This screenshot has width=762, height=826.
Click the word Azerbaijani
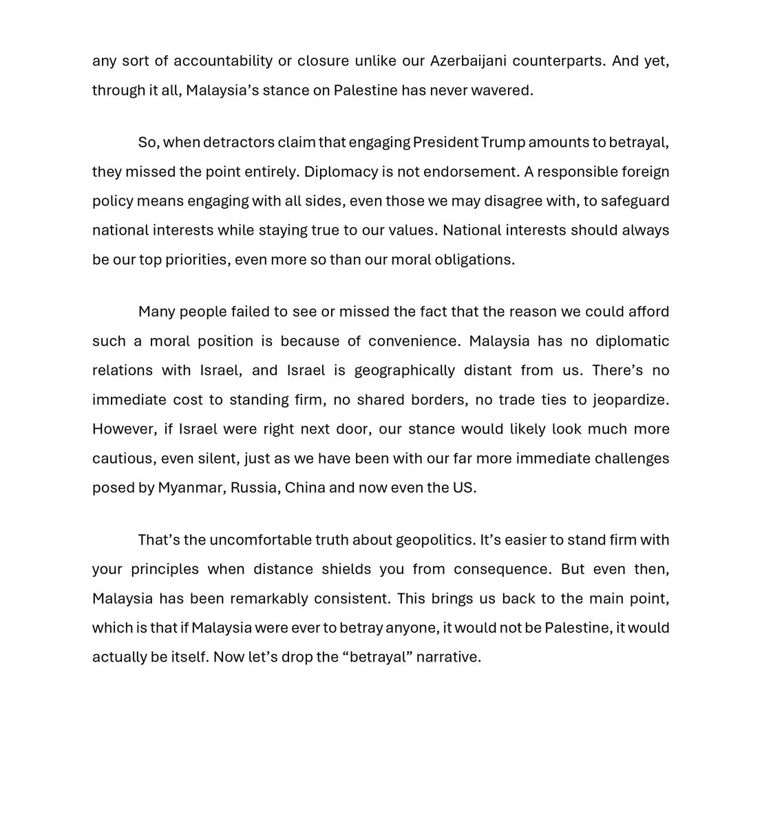[x=469, y=61]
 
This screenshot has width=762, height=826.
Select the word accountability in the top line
[x=223, y=61]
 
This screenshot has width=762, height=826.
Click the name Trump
[x=505, y=142]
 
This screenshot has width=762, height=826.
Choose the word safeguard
[x=634, y=201]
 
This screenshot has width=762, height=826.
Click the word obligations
[x=474, y=260]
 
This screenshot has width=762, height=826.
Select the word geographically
[x=405, y=370]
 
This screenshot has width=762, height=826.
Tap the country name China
[x=304, y=487]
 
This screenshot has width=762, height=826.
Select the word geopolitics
[x=435, y=540]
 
